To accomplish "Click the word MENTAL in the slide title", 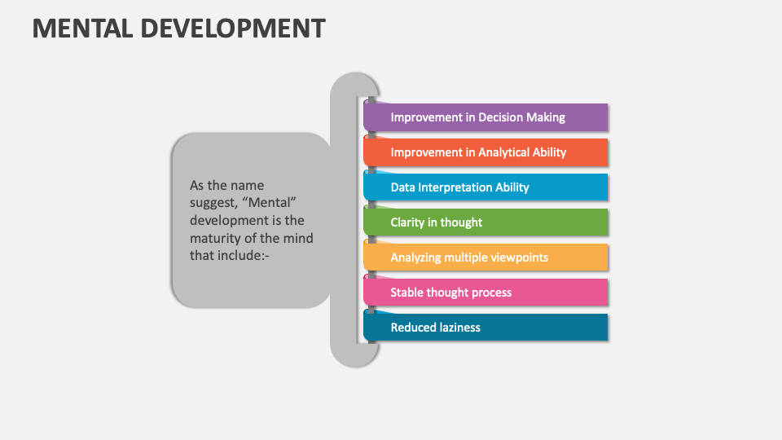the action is click(82, 29).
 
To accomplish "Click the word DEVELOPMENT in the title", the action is click(233, 29).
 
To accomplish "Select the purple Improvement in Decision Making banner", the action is click(485, 117).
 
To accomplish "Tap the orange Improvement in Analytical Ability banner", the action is click(485, 152).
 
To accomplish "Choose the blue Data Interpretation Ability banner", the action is click(485, 187).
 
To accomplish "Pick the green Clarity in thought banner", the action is click(485, 222).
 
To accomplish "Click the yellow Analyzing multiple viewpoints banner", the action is click(485, 257).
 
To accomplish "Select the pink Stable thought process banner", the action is click(485, 293).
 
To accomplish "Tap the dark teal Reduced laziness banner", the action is click(485, 328).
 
